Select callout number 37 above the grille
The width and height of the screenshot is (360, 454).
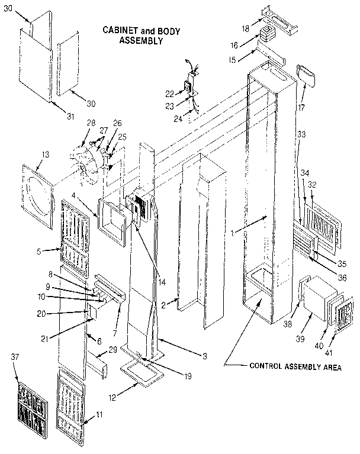coord(16,357)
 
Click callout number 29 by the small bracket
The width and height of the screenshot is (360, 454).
coord(111,352)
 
